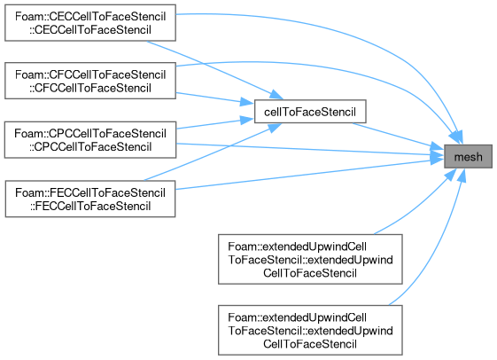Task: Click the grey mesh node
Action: click(x=468, y=156)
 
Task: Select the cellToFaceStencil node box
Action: click(x=310, y=112)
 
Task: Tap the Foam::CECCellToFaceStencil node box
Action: click(x=90, y=23)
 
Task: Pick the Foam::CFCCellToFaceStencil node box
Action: click(x=90, y=81)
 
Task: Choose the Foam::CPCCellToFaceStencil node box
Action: click(x=90, y=140)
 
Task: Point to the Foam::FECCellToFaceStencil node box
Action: click(x=90, y=200)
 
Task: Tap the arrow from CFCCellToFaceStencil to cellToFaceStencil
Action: click(x=215, y=98)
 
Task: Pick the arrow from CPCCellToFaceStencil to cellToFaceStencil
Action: click(x=215, y=123)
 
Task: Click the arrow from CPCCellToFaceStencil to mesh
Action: click(x=310, y=150)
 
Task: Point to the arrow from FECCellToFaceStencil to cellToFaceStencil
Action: click(x=213, y=153)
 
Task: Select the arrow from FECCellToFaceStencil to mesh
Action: click(x=310, y=175)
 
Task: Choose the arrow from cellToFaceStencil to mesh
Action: click(x=399, y=136)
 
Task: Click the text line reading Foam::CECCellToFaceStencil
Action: click(x=90, y=17)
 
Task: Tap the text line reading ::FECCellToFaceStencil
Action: click(x=90, y=207)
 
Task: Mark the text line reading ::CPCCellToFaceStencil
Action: click(x=90, y=147)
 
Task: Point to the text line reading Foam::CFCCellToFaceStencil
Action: click(x=90, y=74)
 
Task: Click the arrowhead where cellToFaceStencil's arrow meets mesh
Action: click(x=438, y=147)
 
